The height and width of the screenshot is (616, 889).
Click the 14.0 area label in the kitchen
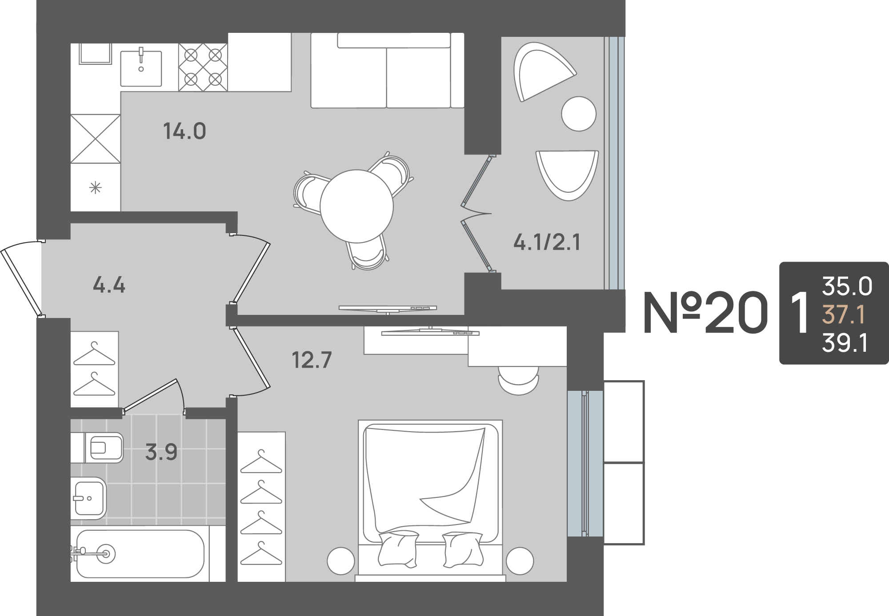(184, 131)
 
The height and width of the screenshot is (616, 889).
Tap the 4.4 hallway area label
(109, 285)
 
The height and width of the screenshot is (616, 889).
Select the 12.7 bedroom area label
(312, 360)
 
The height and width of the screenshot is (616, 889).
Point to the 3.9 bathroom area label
(161, 452)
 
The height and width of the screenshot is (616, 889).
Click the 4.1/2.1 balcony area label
(547, 242)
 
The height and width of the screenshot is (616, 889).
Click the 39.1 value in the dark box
(845, 343)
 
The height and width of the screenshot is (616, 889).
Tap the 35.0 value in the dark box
(847, 286)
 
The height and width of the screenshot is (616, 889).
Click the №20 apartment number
(706, 312)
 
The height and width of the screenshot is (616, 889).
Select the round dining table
(356, 206)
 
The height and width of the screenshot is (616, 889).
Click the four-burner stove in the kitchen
(203, 67)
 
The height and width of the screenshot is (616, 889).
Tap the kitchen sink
(141, 68)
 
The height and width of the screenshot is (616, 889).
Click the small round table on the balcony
(579, 114)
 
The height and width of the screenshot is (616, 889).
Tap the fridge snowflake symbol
(96, 188)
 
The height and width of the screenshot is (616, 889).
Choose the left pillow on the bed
(398, 549)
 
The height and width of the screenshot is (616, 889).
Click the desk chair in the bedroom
(519, 380)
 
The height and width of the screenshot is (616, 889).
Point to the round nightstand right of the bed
(520, 561)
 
